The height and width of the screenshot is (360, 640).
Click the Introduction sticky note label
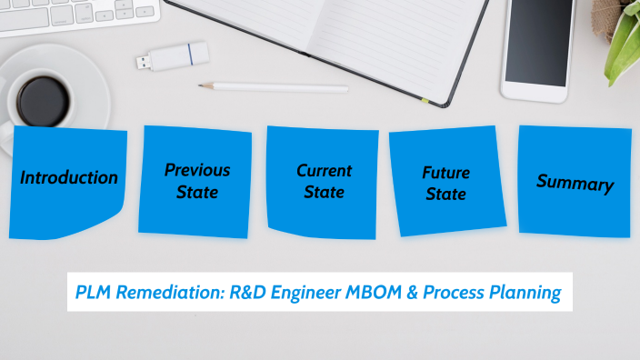(69, 177)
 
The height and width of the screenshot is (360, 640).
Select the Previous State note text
(197, 180)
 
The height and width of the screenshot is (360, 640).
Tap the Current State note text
(325, 181)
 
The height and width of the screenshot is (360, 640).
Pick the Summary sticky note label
(575, 182)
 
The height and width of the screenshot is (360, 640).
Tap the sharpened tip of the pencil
(203, 86)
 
